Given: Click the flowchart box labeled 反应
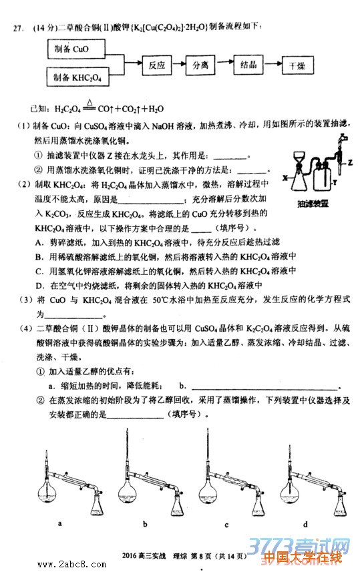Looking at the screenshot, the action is point(157,66).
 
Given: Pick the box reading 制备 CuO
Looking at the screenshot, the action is point(75,51).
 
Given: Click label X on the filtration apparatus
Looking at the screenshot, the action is point(284,178).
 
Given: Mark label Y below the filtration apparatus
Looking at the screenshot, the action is point(333,181).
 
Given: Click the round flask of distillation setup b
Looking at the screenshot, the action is point(130,496).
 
